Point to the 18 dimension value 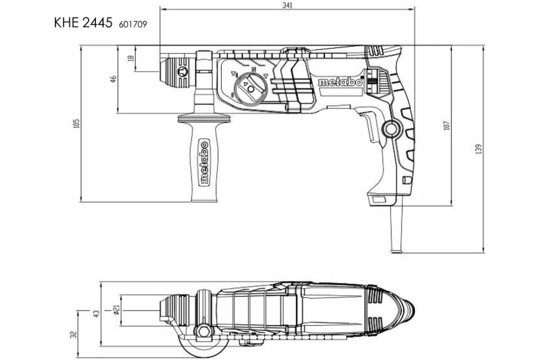coord(131,58)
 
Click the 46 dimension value coord(113,79)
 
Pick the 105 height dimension coord(76,123)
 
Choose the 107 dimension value coord(446,125)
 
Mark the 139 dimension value coord(478,148)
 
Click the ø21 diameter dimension coord(117,310)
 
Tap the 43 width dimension coord(95,314)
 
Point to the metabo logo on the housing coord(340,82)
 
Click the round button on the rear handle coord(390,129)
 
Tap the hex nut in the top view coord(202,331)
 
